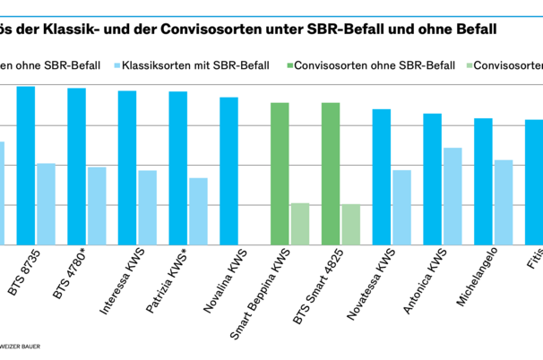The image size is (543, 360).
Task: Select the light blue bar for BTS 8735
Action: coord(46,204)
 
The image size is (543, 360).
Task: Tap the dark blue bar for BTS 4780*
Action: coord(77,167)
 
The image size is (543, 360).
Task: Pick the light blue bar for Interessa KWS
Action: coord(147,208)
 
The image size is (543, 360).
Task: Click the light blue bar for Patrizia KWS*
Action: coord(198,211)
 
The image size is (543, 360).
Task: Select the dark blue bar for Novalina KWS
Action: coord(229,171)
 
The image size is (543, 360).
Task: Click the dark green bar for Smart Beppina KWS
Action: coord(280,174)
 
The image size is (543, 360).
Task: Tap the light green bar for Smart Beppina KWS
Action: coord(300,224)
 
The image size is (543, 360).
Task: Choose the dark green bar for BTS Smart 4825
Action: coord(331,174)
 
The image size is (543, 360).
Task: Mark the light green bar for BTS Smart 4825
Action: coord(350,225)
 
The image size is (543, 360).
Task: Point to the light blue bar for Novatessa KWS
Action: coord(401,208)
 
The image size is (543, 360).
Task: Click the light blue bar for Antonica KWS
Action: coord(452,196)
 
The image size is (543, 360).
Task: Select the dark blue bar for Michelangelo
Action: coord(483,182)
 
